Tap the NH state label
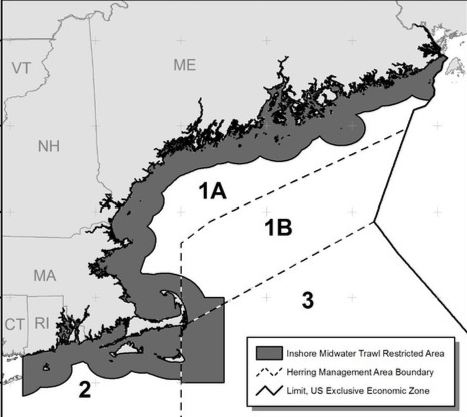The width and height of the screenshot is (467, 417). coord(48,146)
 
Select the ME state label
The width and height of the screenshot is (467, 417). coord(184,65)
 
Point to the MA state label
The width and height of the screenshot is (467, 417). coord(45,275)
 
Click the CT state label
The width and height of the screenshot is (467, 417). coord(15,324)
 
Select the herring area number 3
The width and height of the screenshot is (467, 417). coord(308,300)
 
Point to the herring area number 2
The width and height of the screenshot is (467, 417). coord(84,389)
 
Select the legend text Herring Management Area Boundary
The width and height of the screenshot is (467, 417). coord(360,372)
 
